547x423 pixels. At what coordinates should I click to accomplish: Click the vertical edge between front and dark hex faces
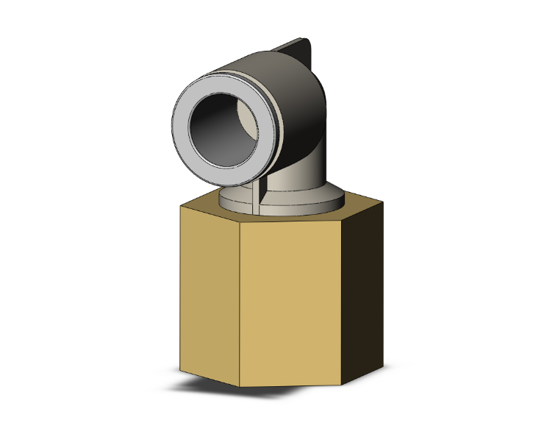pyautogui.click(x=342, y=302)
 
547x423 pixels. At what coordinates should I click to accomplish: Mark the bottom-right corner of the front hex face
pyautogui.click(x=342, y=385)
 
